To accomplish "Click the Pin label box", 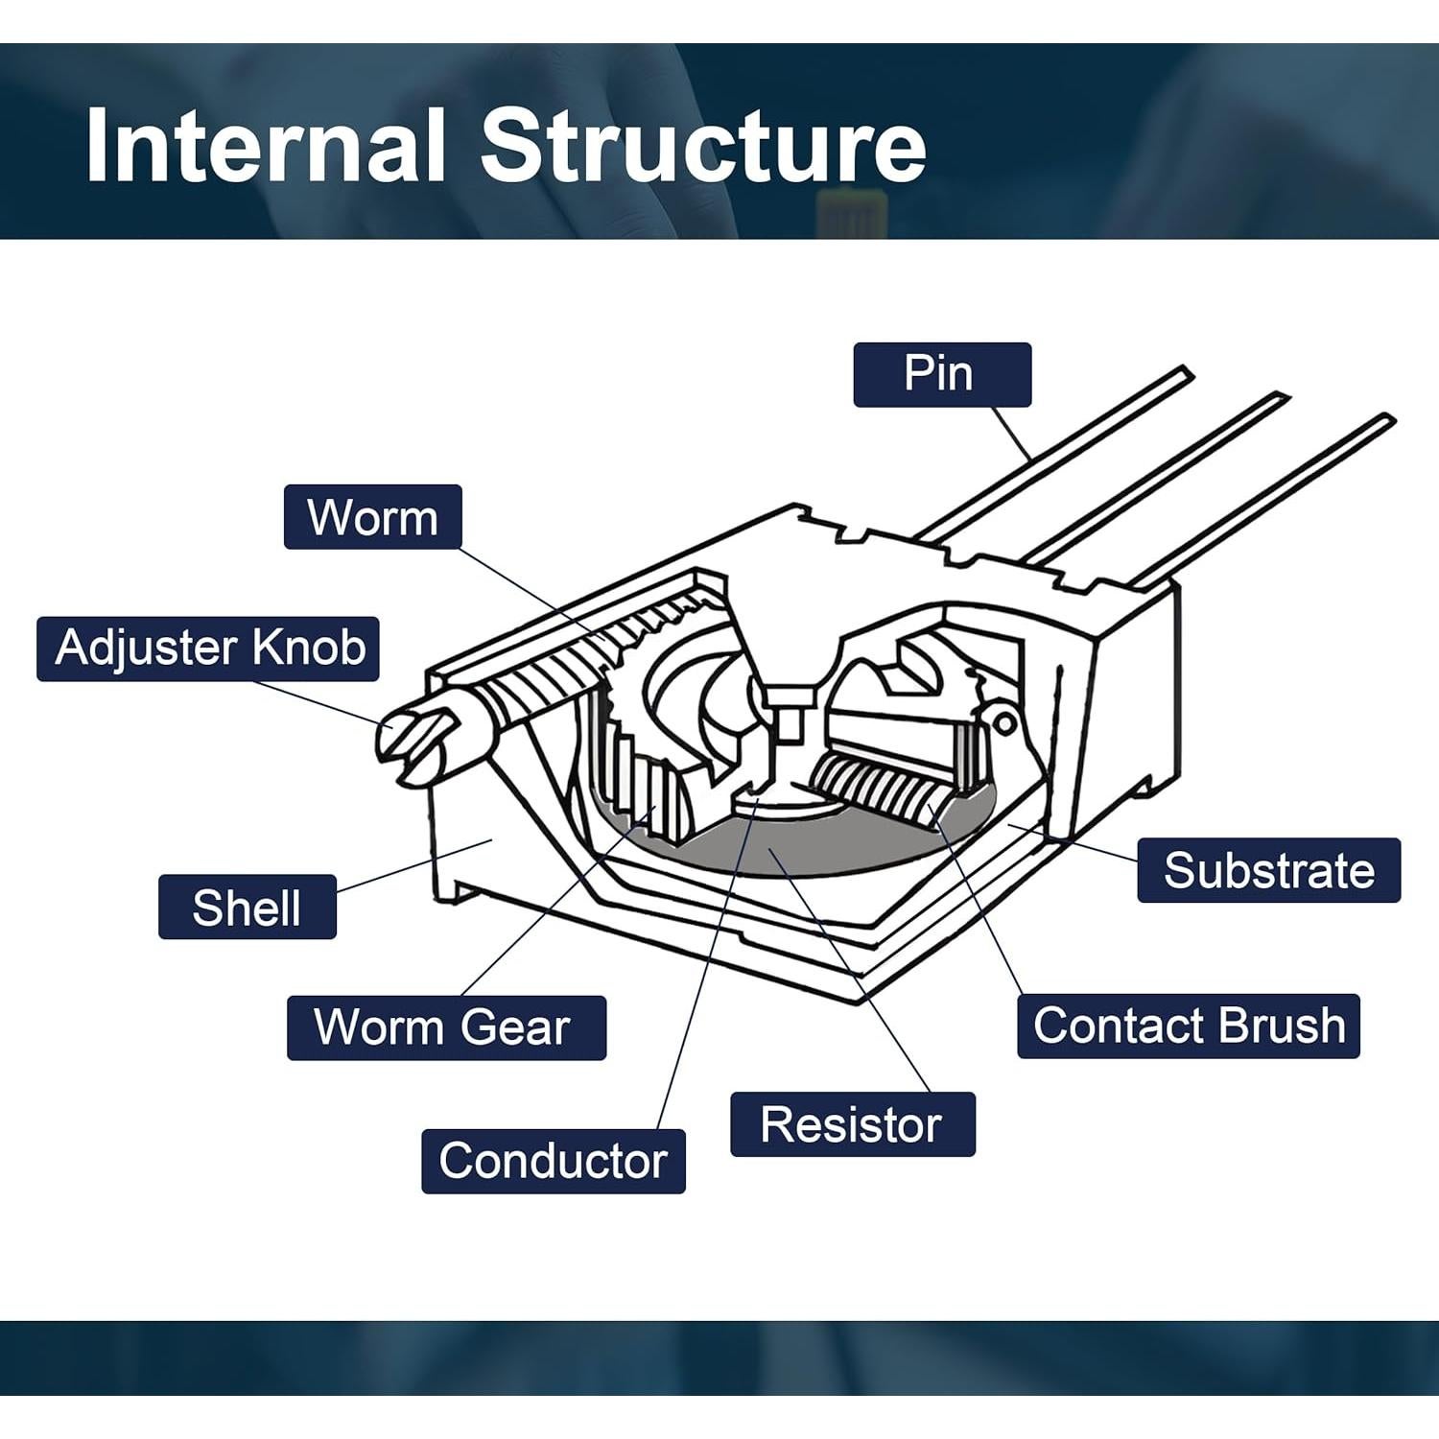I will (941, 374).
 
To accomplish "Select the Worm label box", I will (372, 517).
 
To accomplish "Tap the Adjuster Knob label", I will (208, 649).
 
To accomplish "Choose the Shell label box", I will (247, 907).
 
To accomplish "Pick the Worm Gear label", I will (446, 1027).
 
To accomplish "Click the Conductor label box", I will (553, 1161).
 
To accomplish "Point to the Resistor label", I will (852, 1124).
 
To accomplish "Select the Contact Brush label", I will (1188, 1026).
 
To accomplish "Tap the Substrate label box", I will (1268, 870).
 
